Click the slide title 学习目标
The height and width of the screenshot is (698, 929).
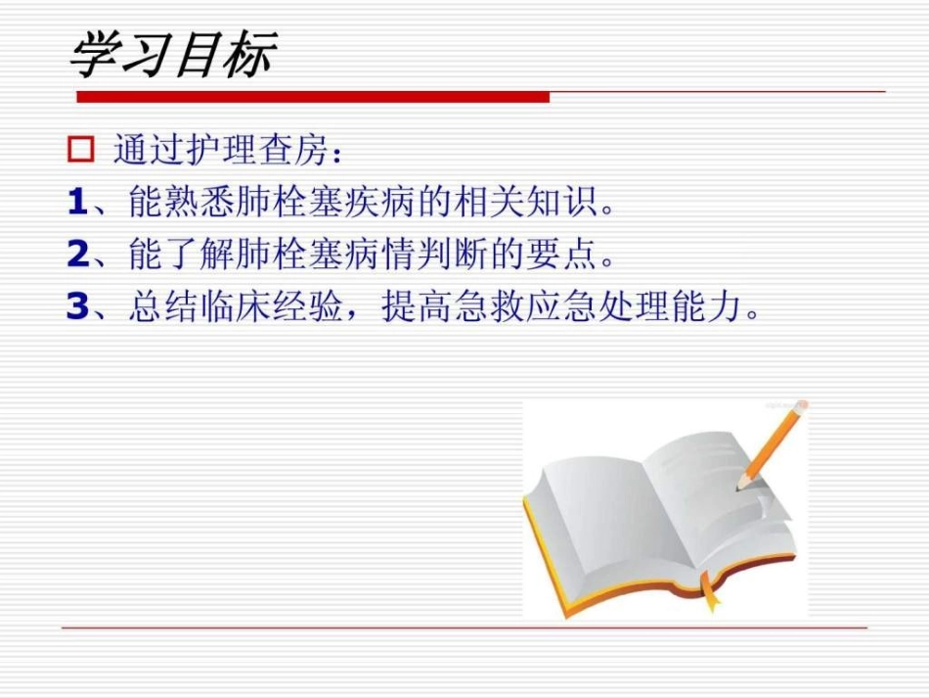coord(172,55)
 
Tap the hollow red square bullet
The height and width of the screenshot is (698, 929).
coord(80,151)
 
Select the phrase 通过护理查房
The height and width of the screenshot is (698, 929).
coord(220,152)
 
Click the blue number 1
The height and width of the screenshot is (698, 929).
coord(78,204)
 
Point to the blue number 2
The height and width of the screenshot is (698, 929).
coord(78,256)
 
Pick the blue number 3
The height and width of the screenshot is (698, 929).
coord(78,307)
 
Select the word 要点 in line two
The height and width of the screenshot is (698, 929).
coord(563,256)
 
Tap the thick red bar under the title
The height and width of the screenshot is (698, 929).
coord(313,96)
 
